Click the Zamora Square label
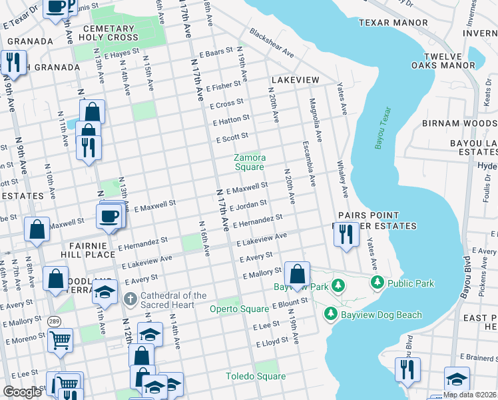(250, 162)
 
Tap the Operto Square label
(239, 309)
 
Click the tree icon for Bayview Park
(339, 286)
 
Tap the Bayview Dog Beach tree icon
(330, 313)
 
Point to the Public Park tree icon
(377, 283)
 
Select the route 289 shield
(53, 321)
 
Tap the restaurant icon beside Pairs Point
(345, 234)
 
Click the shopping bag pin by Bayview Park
(297, 273)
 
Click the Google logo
(22, 392)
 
